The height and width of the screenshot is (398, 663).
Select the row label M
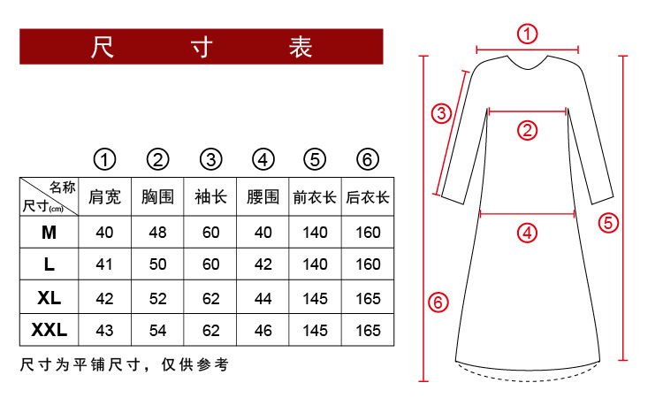click(x=49, y=233)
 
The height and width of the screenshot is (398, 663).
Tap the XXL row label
click(x=49, y=331)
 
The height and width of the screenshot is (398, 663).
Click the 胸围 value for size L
click(x=157, y=264)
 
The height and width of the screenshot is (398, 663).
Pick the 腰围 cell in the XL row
click(x=263, y=298)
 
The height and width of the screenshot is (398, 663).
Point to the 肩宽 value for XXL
click(x=105, y=331)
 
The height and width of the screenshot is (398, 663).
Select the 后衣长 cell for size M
click(x=368, y=233)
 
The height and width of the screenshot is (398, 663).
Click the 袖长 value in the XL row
click(x=210, y=298)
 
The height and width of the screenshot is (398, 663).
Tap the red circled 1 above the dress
click(x=527, y=34)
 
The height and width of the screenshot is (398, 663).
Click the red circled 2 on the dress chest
click(x=527, y=130)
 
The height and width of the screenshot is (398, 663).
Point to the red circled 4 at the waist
click(x=527, y=233)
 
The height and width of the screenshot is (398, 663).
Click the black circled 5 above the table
click(x=316, y=159)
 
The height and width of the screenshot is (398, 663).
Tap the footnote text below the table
click(x=124, y=364)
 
